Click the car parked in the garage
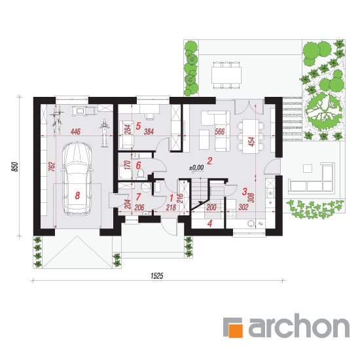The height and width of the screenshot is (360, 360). (77, 179)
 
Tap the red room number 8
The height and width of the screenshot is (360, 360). (77, 196)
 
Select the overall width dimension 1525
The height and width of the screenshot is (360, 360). (157, 276)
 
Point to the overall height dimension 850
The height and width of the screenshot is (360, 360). (14, 166)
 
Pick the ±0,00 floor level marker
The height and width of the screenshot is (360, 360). (196, 168)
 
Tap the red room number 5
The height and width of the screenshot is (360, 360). (138, 126)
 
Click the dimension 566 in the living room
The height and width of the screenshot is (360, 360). (220, 132)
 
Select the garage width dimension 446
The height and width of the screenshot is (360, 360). (75, 132)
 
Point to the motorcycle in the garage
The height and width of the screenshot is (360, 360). (104, 133)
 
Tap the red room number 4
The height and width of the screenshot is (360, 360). (209, 223)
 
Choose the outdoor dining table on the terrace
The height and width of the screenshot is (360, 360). (226, 75)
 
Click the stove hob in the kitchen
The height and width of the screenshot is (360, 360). (230, 214)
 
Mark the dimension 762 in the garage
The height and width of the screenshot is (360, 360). (52, 167)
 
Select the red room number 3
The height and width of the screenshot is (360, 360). (245, 191)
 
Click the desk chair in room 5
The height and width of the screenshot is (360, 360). (150, 117)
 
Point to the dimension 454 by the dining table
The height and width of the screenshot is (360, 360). (251, 141)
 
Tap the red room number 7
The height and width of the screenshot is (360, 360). (138, 197)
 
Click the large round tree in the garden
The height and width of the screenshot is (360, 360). (324, 111)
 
